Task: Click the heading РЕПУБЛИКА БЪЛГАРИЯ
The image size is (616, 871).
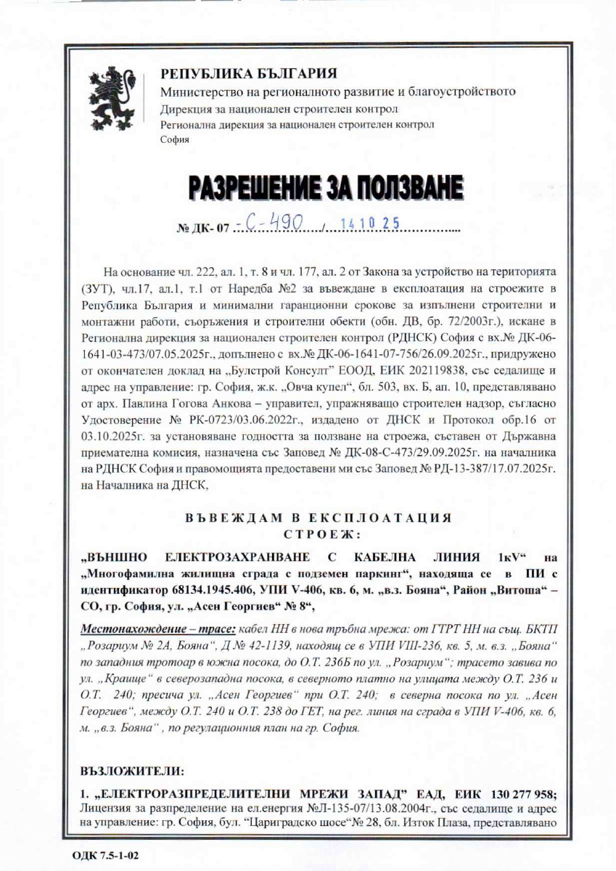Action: [248, 74]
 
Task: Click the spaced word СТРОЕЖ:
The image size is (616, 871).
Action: [321, 535]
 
